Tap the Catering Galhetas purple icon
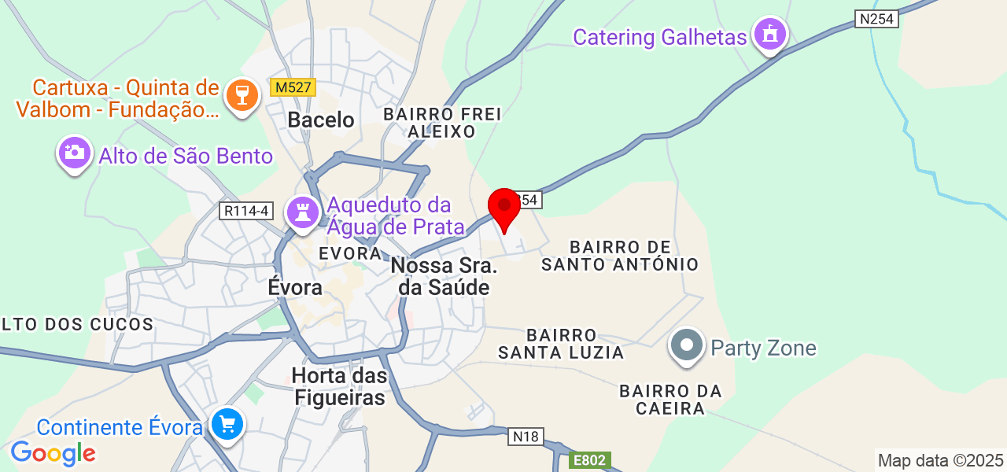(769, 34)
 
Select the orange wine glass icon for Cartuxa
(242, 96)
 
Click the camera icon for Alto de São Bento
(75, 153)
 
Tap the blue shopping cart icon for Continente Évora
(227, 426)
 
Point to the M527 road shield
(292, 88)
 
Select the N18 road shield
(526, 436)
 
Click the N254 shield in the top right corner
(876, 19)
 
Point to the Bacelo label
(321, 120)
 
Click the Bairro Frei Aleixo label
(442, 123)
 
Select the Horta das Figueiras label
(339, 386)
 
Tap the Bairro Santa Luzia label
(562, 344)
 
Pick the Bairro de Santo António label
(621, 256)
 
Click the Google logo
(53, 453)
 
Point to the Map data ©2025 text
(941, 460)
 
